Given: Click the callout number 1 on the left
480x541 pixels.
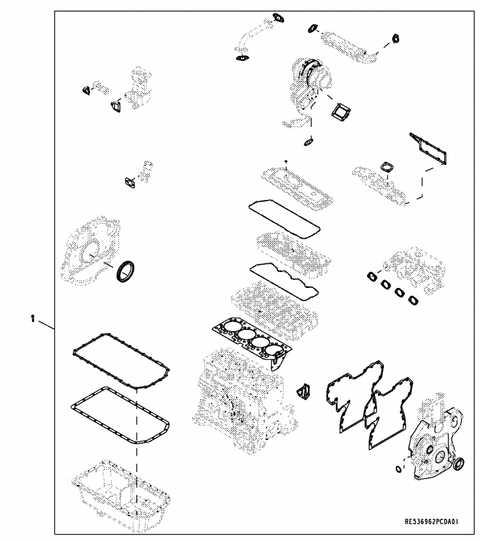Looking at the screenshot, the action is [33, 318].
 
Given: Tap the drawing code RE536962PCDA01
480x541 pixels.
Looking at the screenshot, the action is [431, 521].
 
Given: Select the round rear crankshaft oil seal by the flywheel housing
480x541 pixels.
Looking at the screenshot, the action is [125, 272].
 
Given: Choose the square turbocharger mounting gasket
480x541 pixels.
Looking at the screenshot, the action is [341, 111].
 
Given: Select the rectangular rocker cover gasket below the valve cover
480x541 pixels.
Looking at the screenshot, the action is [284, 219].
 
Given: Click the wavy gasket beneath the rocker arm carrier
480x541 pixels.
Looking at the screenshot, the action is [284, 281].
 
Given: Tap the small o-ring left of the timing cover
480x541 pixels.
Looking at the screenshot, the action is [399, 469].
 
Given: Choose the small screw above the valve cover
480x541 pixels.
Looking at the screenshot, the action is [286, 162].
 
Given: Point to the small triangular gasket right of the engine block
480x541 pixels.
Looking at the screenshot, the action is [303, 391].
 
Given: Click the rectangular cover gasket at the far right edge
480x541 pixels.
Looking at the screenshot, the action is [428, 148].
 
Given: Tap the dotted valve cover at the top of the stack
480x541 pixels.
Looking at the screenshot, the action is [297, 188].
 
